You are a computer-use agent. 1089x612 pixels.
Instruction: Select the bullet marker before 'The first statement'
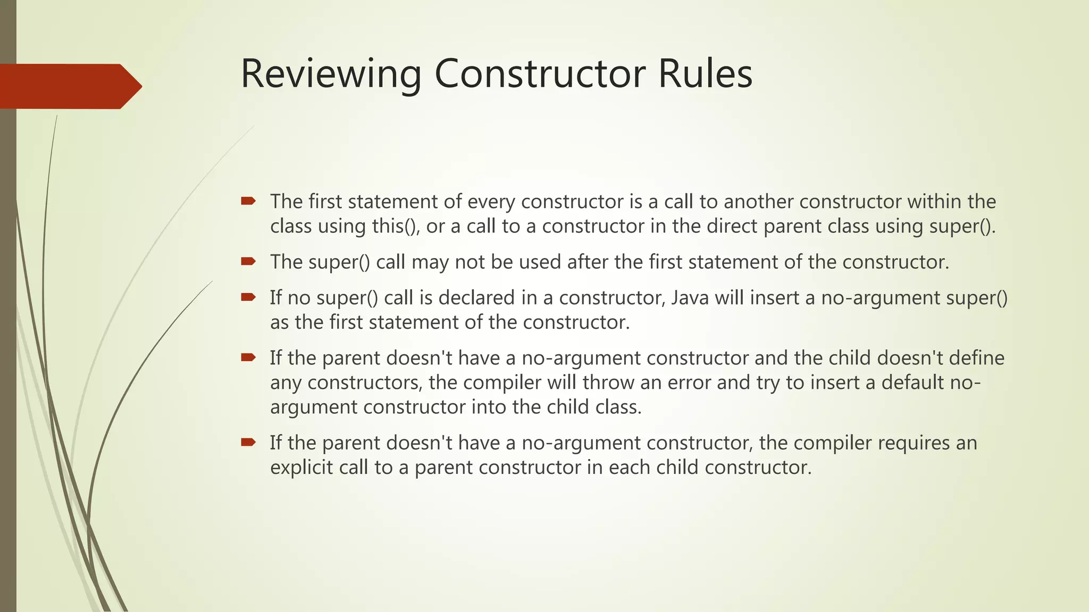[x=248, y=201]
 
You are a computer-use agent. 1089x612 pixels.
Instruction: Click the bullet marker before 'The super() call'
[x=248, y=261]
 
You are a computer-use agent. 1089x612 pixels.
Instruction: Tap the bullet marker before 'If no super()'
[x=248, y=297]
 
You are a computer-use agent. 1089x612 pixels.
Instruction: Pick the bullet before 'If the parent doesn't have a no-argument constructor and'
[x=248, y=357]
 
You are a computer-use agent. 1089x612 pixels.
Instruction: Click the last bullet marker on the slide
[x=248, y=442]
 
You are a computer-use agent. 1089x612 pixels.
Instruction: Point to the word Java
[x=690, y=297]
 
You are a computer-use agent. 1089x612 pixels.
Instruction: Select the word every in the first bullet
[x=490, y=202]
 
